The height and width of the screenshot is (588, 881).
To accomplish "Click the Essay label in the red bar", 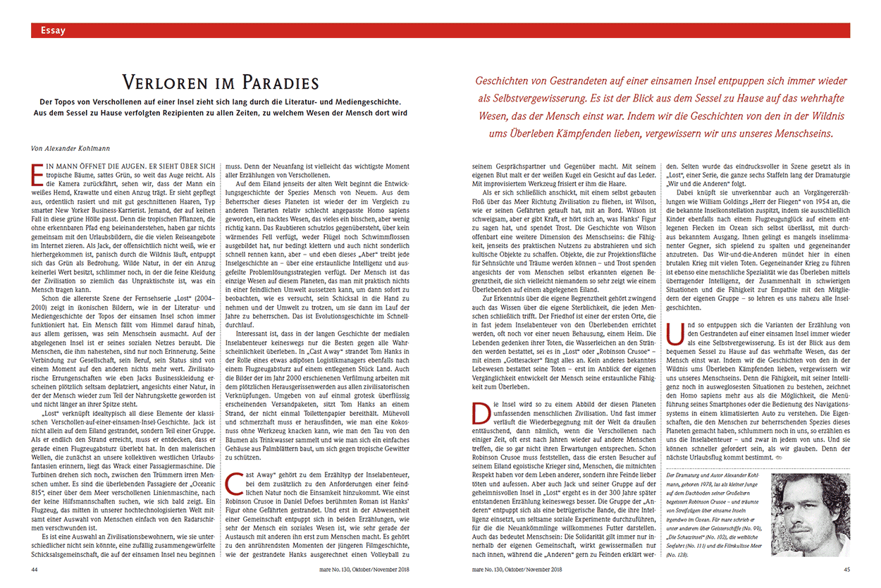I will click(54, 30).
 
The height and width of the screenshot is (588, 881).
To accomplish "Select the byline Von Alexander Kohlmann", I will click(70, 148).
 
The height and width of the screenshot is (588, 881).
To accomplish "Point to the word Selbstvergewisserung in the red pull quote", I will click(557, 98).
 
